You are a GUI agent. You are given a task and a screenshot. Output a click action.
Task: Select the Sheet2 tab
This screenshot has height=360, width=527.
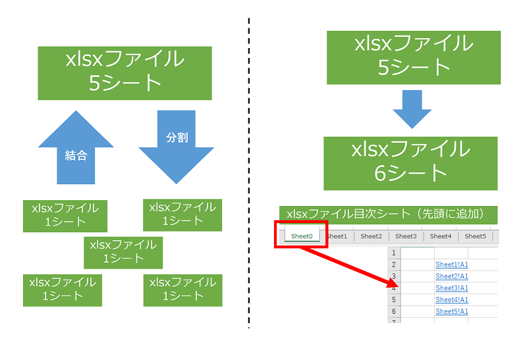[371, 236]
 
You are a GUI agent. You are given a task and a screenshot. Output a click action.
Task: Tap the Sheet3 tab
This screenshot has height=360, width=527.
[405, 236]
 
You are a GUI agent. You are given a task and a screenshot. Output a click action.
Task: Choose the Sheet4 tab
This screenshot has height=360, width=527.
[441, 236]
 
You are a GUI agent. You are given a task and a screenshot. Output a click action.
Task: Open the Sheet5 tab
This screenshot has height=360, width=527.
[475, 236]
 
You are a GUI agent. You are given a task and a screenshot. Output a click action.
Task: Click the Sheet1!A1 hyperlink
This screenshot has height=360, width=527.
[452, 265]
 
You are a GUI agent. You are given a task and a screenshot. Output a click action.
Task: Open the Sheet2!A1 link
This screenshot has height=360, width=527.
[452, 276]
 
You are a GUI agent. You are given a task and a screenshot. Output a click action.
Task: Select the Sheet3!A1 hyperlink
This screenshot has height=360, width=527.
[452, 288]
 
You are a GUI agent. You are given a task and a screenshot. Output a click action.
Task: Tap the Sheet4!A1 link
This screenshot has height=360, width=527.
[452, 300]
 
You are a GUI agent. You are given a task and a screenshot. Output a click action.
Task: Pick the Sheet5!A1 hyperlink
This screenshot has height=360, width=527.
[452, 312]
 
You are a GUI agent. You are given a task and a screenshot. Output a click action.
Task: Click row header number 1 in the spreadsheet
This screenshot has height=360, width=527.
[394, 253]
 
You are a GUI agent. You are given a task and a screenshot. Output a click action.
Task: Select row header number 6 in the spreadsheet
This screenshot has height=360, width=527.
[394, 312]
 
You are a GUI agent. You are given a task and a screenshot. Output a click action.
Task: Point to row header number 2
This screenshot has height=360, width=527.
[394, 265]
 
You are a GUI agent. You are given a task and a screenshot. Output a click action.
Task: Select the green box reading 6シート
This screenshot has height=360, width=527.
[411, 163]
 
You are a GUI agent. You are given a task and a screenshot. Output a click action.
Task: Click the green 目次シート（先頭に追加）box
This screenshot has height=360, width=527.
[388, 214]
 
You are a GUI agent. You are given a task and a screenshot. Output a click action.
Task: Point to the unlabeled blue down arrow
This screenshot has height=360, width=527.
[412, 108]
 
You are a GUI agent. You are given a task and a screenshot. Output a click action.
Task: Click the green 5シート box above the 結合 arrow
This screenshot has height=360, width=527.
[125, 72]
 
